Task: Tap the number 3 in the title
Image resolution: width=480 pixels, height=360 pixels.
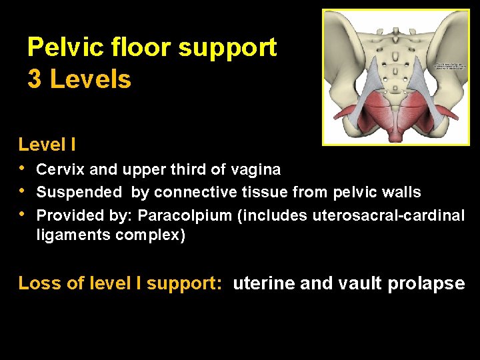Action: [x=34, y=80]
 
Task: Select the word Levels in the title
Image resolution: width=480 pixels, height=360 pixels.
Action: [x=91, y=80]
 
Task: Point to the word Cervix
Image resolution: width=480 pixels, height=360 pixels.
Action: [x=56, y=170]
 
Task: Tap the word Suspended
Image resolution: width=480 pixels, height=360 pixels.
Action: [x=79, y=193]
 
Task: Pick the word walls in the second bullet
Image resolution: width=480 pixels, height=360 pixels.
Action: [x=400, y=193]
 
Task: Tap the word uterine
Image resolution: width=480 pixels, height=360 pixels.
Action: [x=264, y=283]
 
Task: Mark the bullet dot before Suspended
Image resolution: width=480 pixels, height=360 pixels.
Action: [x=23, y=191]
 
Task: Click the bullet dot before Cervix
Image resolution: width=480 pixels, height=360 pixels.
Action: [x=23, y=169]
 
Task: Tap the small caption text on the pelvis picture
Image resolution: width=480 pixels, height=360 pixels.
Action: [x=450, y=66]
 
